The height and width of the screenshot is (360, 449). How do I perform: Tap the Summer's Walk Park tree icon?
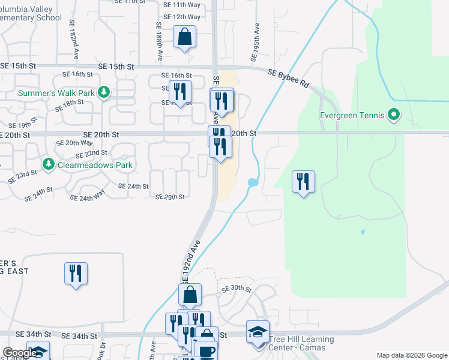104,92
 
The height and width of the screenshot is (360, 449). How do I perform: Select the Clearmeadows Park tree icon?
49,163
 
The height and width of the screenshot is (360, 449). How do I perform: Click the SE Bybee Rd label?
288,78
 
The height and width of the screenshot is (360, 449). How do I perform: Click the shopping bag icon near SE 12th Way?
185,37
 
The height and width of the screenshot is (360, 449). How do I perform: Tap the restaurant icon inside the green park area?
303,181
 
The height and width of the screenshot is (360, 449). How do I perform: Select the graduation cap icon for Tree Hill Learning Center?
258,331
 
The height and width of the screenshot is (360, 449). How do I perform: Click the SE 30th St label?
236,289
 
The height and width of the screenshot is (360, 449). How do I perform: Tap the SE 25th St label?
170,197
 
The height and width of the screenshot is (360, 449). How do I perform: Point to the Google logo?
20,353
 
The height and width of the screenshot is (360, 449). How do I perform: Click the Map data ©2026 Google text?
412,355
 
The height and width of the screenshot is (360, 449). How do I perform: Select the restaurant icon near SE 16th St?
180,92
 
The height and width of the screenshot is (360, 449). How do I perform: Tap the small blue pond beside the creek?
253,182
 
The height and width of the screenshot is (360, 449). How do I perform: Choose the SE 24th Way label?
88,197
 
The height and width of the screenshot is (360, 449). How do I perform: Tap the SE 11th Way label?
182,4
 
